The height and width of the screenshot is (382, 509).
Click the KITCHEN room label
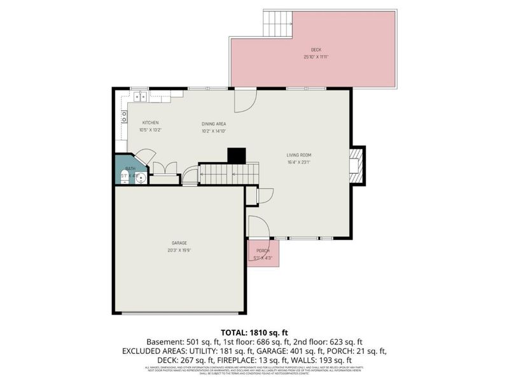click(150, 122)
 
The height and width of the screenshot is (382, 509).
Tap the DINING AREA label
click(214, 124)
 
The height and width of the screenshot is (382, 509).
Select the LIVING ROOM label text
click(298, 155)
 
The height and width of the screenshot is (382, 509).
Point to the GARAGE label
click(179, 243)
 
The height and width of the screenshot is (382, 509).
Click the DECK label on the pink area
click(316, 50)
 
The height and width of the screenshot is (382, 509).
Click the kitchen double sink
click(139, 97)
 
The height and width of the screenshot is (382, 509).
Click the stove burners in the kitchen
click(124, 117)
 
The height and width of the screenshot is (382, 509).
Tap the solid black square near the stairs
click(237, 155)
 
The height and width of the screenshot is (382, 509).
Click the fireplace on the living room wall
click(357, 165)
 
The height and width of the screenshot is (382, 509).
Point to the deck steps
click(277, 24)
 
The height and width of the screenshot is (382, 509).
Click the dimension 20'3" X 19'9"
click(179, 250)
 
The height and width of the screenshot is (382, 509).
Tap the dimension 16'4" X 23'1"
click(298, 162)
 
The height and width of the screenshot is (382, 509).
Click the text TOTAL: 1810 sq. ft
click(254, 332)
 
